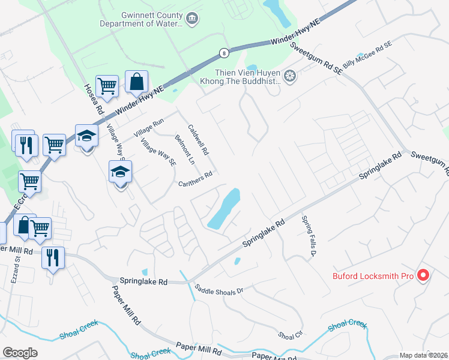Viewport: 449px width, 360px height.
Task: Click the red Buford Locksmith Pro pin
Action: click(x=423, y=275)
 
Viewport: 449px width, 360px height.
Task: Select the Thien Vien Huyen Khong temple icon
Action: click(x=291, y=76)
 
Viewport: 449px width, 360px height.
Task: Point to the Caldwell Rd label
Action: click(x=198, y=140)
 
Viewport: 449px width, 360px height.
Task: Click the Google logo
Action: click(x=20, y=353)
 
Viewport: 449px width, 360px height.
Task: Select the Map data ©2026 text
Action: click(x=423, y=355)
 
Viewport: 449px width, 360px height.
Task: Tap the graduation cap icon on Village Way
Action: click(x=120, y=172)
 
